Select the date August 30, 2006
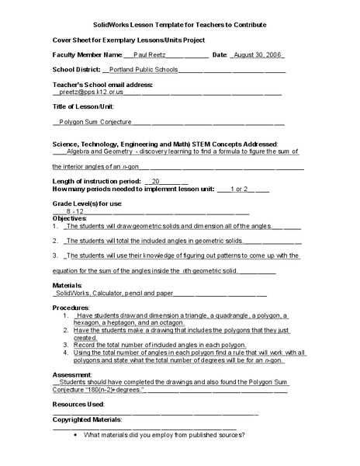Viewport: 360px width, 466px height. pyautogui.click(x=256, y=55)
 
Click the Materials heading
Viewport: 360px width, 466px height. pyautogui.click(x=68, y=286)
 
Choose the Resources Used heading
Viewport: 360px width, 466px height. pyautogui.click(x=78, y=405)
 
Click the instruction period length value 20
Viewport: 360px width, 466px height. pyautogui.click(x=156, y=180)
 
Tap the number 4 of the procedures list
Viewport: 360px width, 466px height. pyautogui.click(x=65, y=352)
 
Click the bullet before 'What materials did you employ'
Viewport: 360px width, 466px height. pyautogui.click(x=75, y=434)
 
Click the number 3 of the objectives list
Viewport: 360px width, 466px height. pyautogui.click(x=55, y=255)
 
